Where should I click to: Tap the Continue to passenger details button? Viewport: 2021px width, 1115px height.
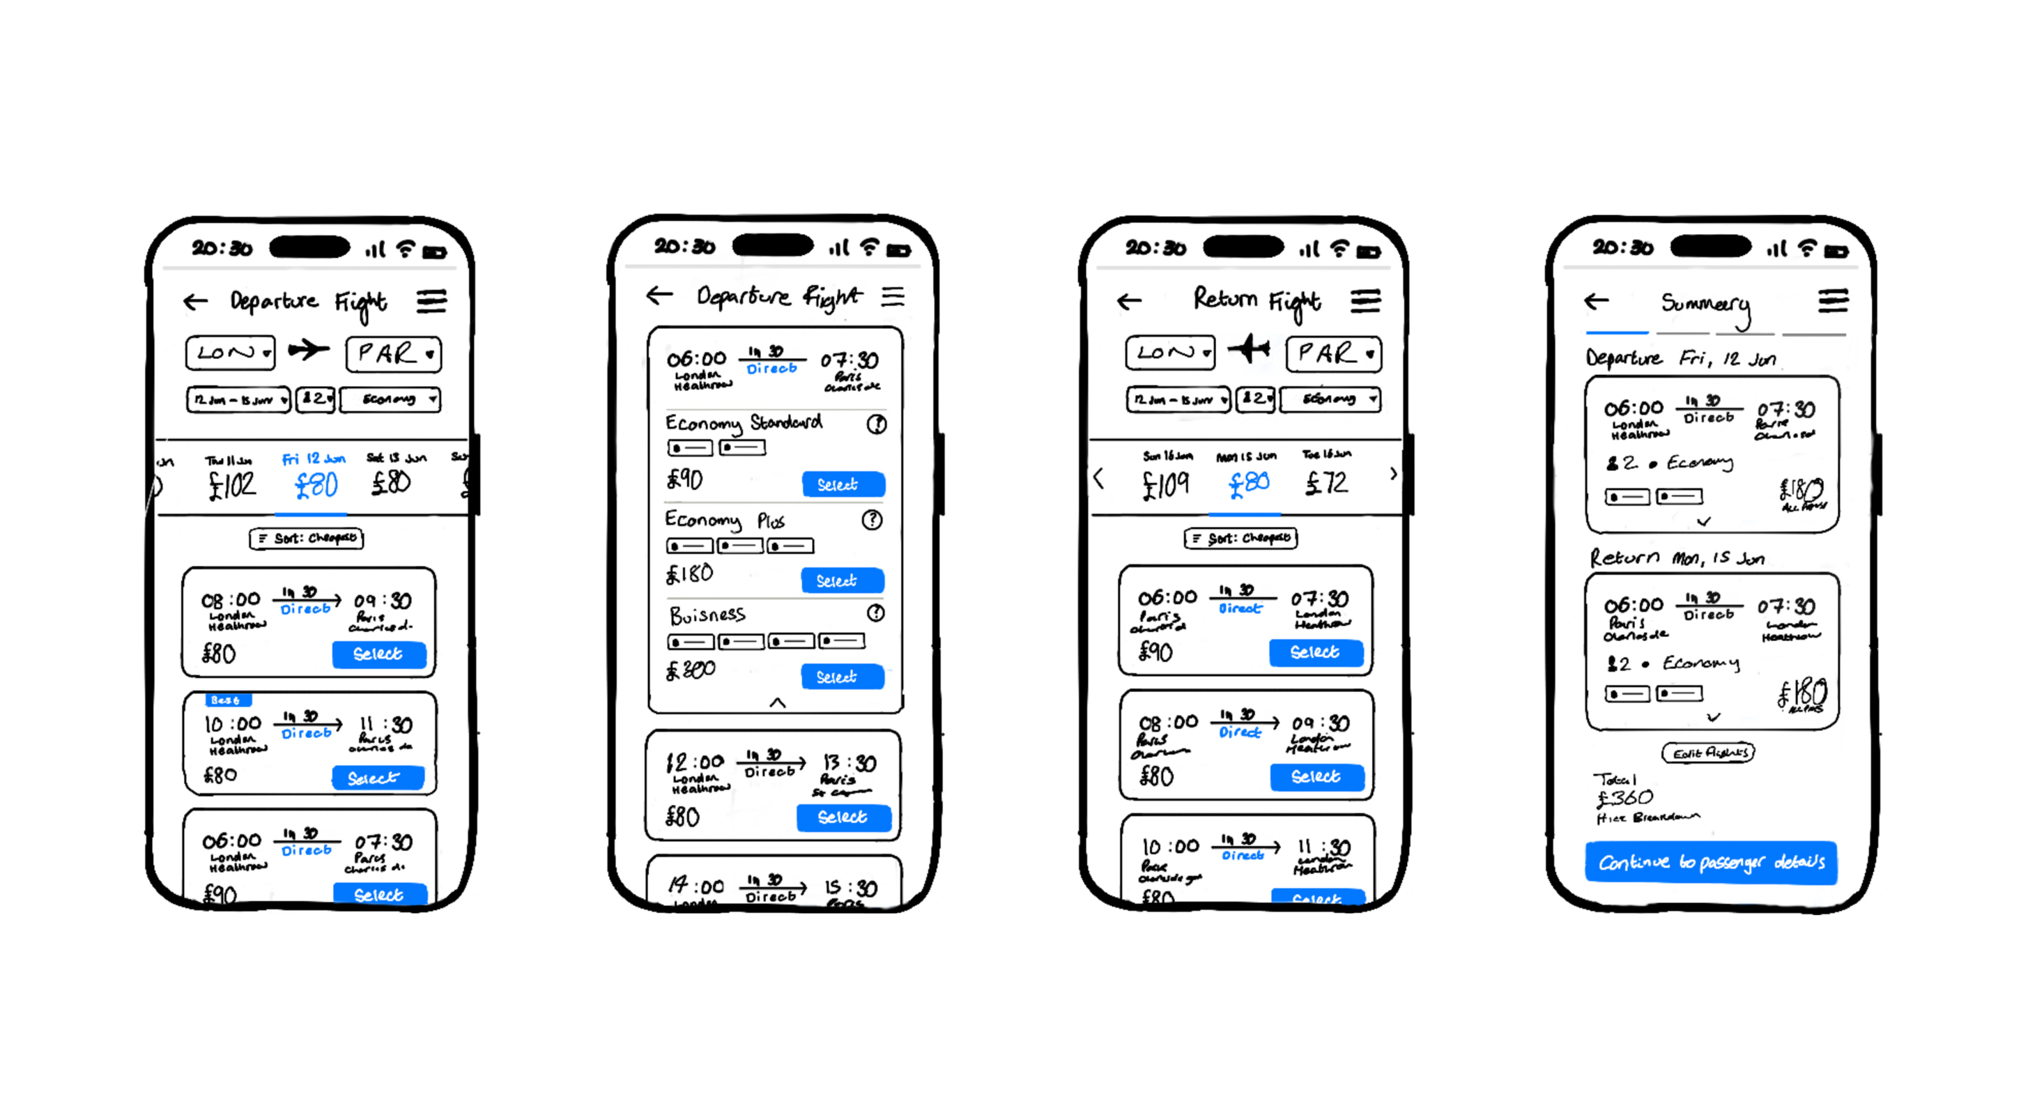point(1710,862)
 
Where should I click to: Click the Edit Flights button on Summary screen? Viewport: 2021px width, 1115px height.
point(1708,753)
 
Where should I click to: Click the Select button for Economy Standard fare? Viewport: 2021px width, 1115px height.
point(843,484)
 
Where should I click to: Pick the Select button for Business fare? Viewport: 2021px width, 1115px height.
point(842,677)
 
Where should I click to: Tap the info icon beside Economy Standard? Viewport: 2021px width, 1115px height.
point(876,424)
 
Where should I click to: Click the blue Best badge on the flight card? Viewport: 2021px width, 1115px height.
point(226,699)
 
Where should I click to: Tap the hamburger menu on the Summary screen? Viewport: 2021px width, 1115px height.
point(1833,300)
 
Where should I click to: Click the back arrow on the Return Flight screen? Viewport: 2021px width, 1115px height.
point(1129,301)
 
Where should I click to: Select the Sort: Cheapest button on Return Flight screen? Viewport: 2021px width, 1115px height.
point(1240,538)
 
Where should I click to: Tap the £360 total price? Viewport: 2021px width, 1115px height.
point(1626,798)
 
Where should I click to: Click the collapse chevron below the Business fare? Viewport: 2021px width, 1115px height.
point(777,702)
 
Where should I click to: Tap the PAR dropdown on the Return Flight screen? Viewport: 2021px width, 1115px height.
point(1333,354)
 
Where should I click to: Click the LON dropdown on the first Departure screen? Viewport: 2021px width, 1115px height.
point(231,353)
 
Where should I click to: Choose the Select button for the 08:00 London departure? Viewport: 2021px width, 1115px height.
point(378,654)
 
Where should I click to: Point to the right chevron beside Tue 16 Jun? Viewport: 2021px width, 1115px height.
point(1392,474)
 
